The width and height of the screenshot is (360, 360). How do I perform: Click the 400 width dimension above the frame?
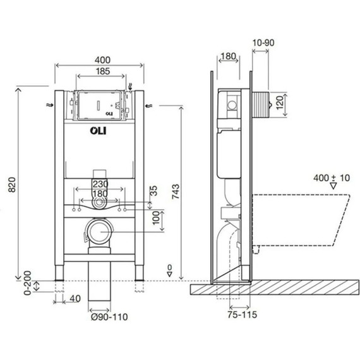(x=102, y=60)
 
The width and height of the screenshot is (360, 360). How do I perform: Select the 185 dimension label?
(x=102, y=71)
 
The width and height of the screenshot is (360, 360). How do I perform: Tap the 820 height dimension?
(x=12, y=184)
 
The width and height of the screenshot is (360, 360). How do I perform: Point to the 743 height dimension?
(x=176, y=191)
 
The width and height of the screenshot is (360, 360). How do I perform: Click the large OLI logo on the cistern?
(x=98, y=131)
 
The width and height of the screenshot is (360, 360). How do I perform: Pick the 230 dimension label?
(x=100, y=184)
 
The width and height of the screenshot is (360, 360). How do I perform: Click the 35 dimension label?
(x=154, y=191)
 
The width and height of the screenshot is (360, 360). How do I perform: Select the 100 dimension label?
(x=156, y=218)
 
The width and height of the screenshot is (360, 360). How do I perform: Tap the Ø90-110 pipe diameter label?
(x=109, y=317)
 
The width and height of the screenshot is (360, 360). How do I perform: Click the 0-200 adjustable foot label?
(x=28, y=283)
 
